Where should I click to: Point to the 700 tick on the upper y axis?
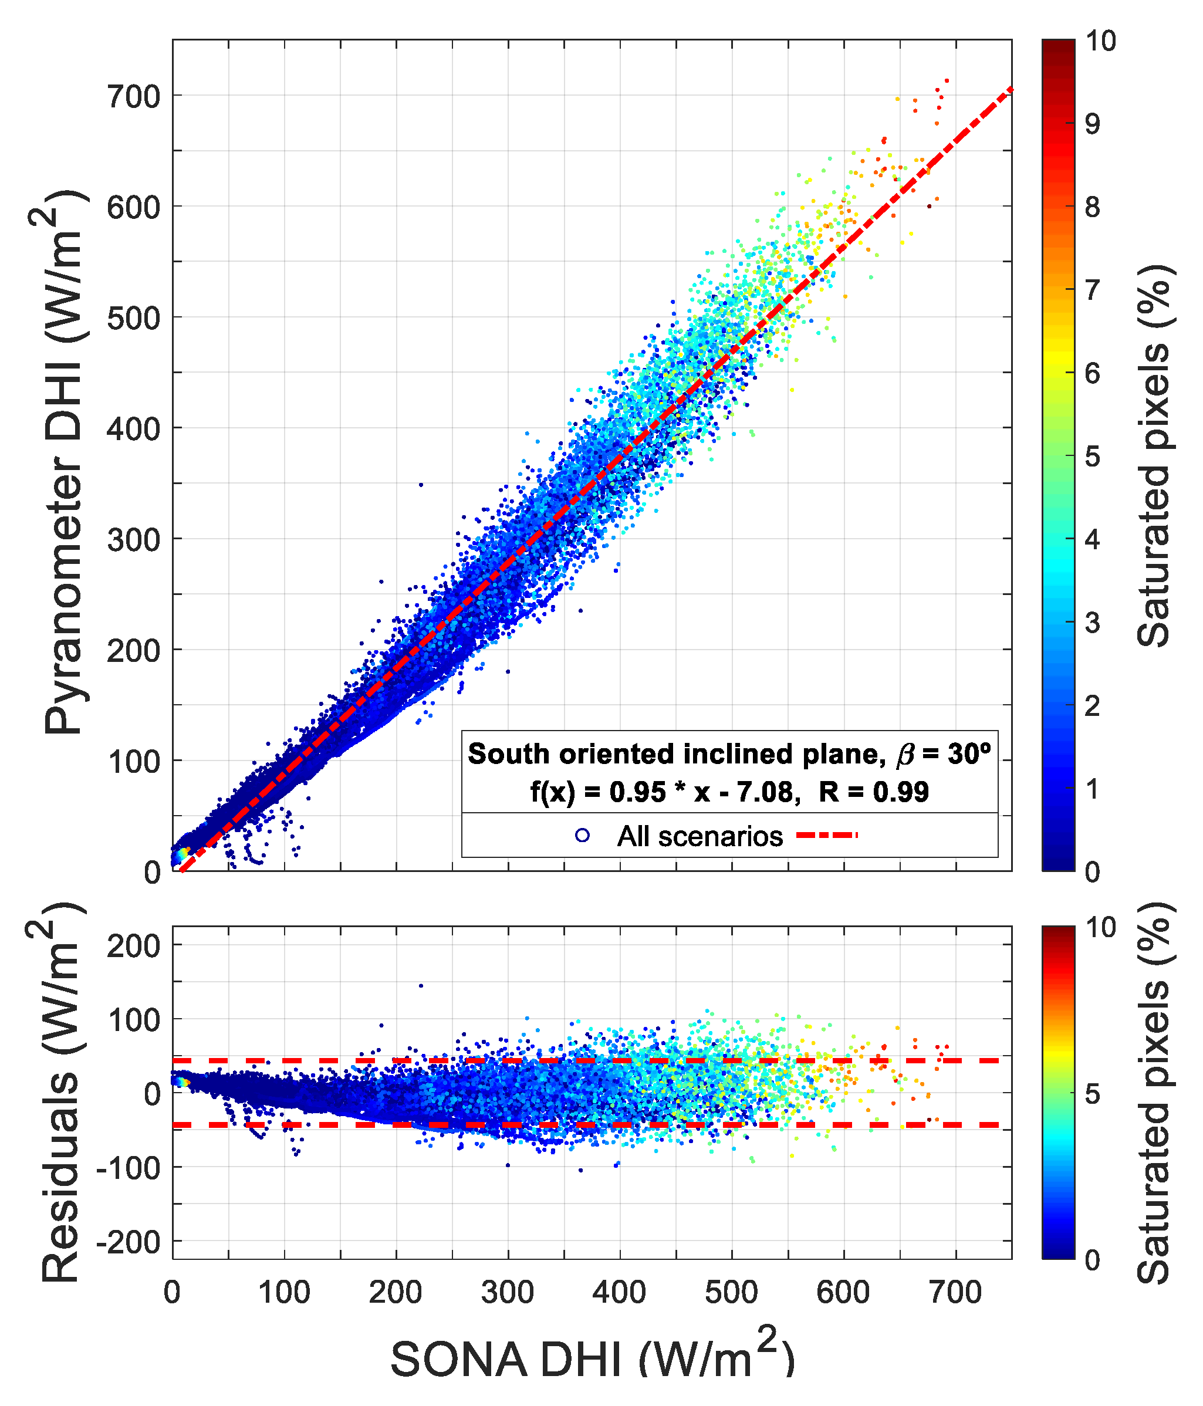134,96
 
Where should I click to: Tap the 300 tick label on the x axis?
508,1293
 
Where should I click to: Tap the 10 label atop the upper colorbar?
1100,40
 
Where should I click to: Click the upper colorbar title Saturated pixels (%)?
1154,455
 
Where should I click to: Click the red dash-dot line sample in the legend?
826,835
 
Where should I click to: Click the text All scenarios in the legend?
700,837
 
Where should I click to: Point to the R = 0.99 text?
874,792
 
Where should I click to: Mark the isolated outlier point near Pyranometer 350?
421,485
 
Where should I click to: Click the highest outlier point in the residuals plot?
421,985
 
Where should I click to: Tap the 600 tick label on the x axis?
843,1293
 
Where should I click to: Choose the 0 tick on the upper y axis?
152,872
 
